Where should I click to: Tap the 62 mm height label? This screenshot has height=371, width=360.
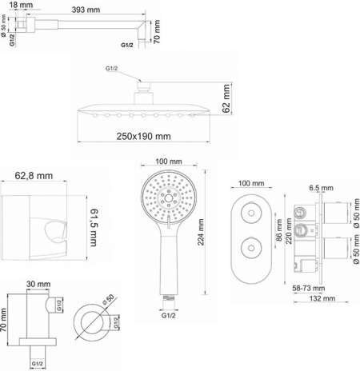coord(226,100)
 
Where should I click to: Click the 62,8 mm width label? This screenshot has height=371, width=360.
coord(34,176)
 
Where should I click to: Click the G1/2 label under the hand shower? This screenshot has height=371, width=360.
coord(167,314)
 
